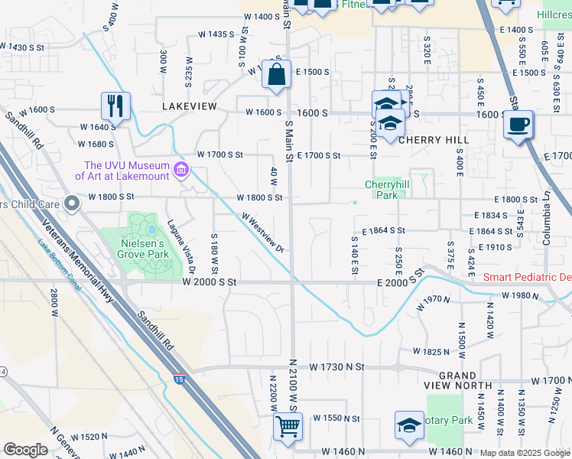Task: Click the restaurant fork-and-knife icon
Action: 115,106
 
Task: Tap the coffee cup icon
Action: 518,124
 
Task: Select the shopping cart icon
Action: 288,427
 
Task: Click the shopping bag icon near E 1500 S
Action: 276,75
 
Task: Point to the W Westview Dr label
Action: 263,233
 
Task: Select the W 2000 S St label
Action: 211,282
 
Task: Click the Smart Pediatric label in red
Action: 527,277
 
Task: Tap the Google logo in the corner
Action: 25,450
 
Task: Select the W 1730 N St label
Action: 333,367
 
